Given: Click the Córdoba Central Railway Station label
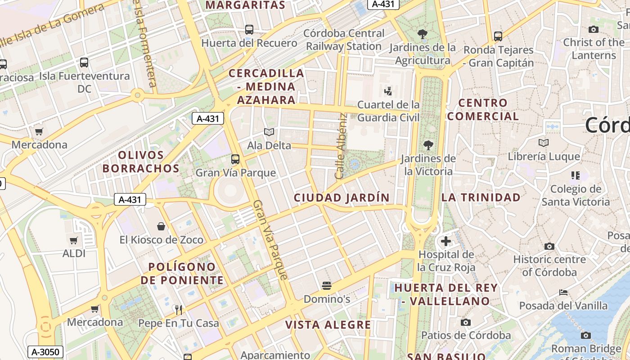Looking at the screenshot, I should tap(344, 40).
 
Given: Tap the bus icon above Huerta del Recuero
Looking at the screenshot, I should tap(249, 30).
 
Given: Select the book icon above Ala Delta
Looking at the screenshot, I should tap(269, 132).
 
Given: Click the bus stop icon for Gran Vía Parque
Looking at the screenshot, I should tap(235, 159).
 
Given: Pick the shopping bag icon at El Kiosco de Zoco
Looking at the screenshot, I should tap(161, 226).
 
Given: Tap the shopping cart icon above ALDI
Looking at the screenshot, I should tap(74, 240).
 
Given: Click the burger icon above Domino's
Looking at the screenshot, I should tap(327, 286).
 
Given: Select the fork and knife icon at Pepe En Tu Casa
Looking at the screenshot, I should tap(179, 310).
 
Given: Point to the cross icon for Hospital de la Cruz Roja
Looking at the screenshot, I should tap(445, 241).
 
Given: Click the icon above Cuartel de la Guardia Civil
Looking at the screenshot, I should tap(388, 91).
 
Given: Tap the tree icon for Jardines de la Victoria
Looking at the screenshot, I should tap(428, 145).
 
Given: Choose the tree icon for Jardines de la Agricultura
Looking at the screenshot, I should tap(422, 34).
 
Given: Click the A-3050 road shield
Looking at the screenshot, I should tap(45, 352).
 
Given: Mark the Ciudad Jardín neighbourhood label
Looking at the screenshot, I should tap(342, 198).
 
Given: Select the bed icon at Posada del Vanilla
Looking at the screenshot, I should tap(563, 292).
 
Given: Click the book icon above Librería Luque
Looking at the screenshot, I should tap(544, 143).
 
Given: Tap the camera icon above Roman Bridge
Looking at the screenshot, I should tap(585, 335).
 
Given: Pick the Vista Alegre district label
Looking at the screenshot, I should tap(328, 324).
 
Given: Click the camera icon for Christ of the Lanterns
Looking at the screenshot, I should tap(594, 29).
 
